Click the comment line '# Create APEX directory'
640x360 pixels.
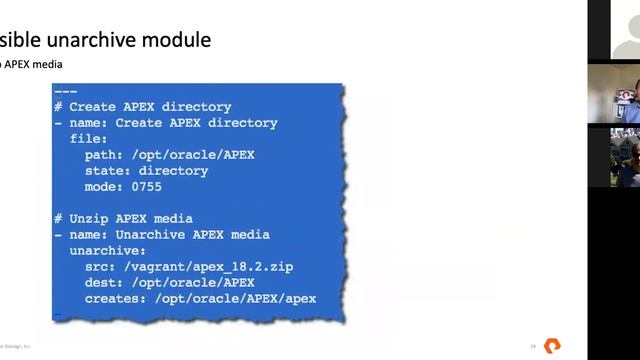pyautogui.click(x=143, y=107)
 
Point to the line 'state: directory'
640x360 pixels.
pyautogui.click(x=146, y=171)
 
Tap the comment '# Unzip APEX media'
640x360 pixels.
pyautogui.click(x=123, y=219)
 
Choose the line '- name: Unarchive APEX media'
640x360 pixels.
pyautogui.click(x=162, y=235)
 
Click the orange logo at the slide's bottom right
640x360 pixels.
pyautogui.click(x=551, y=345)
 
